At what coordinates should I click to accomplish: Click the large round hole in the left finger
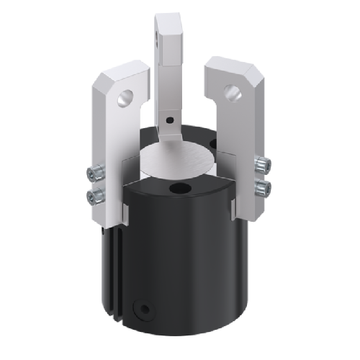(x=127, y=96)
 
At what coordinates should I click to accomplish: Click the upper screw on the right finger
(x=264, y=166)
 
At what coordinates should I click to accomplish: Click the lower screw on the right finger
(x=264, y=188)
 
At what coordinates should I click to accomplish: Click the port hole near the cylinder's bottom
(x=146, y=310)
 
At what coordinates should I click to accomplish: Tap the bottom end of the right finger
(x=246, y=216)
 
